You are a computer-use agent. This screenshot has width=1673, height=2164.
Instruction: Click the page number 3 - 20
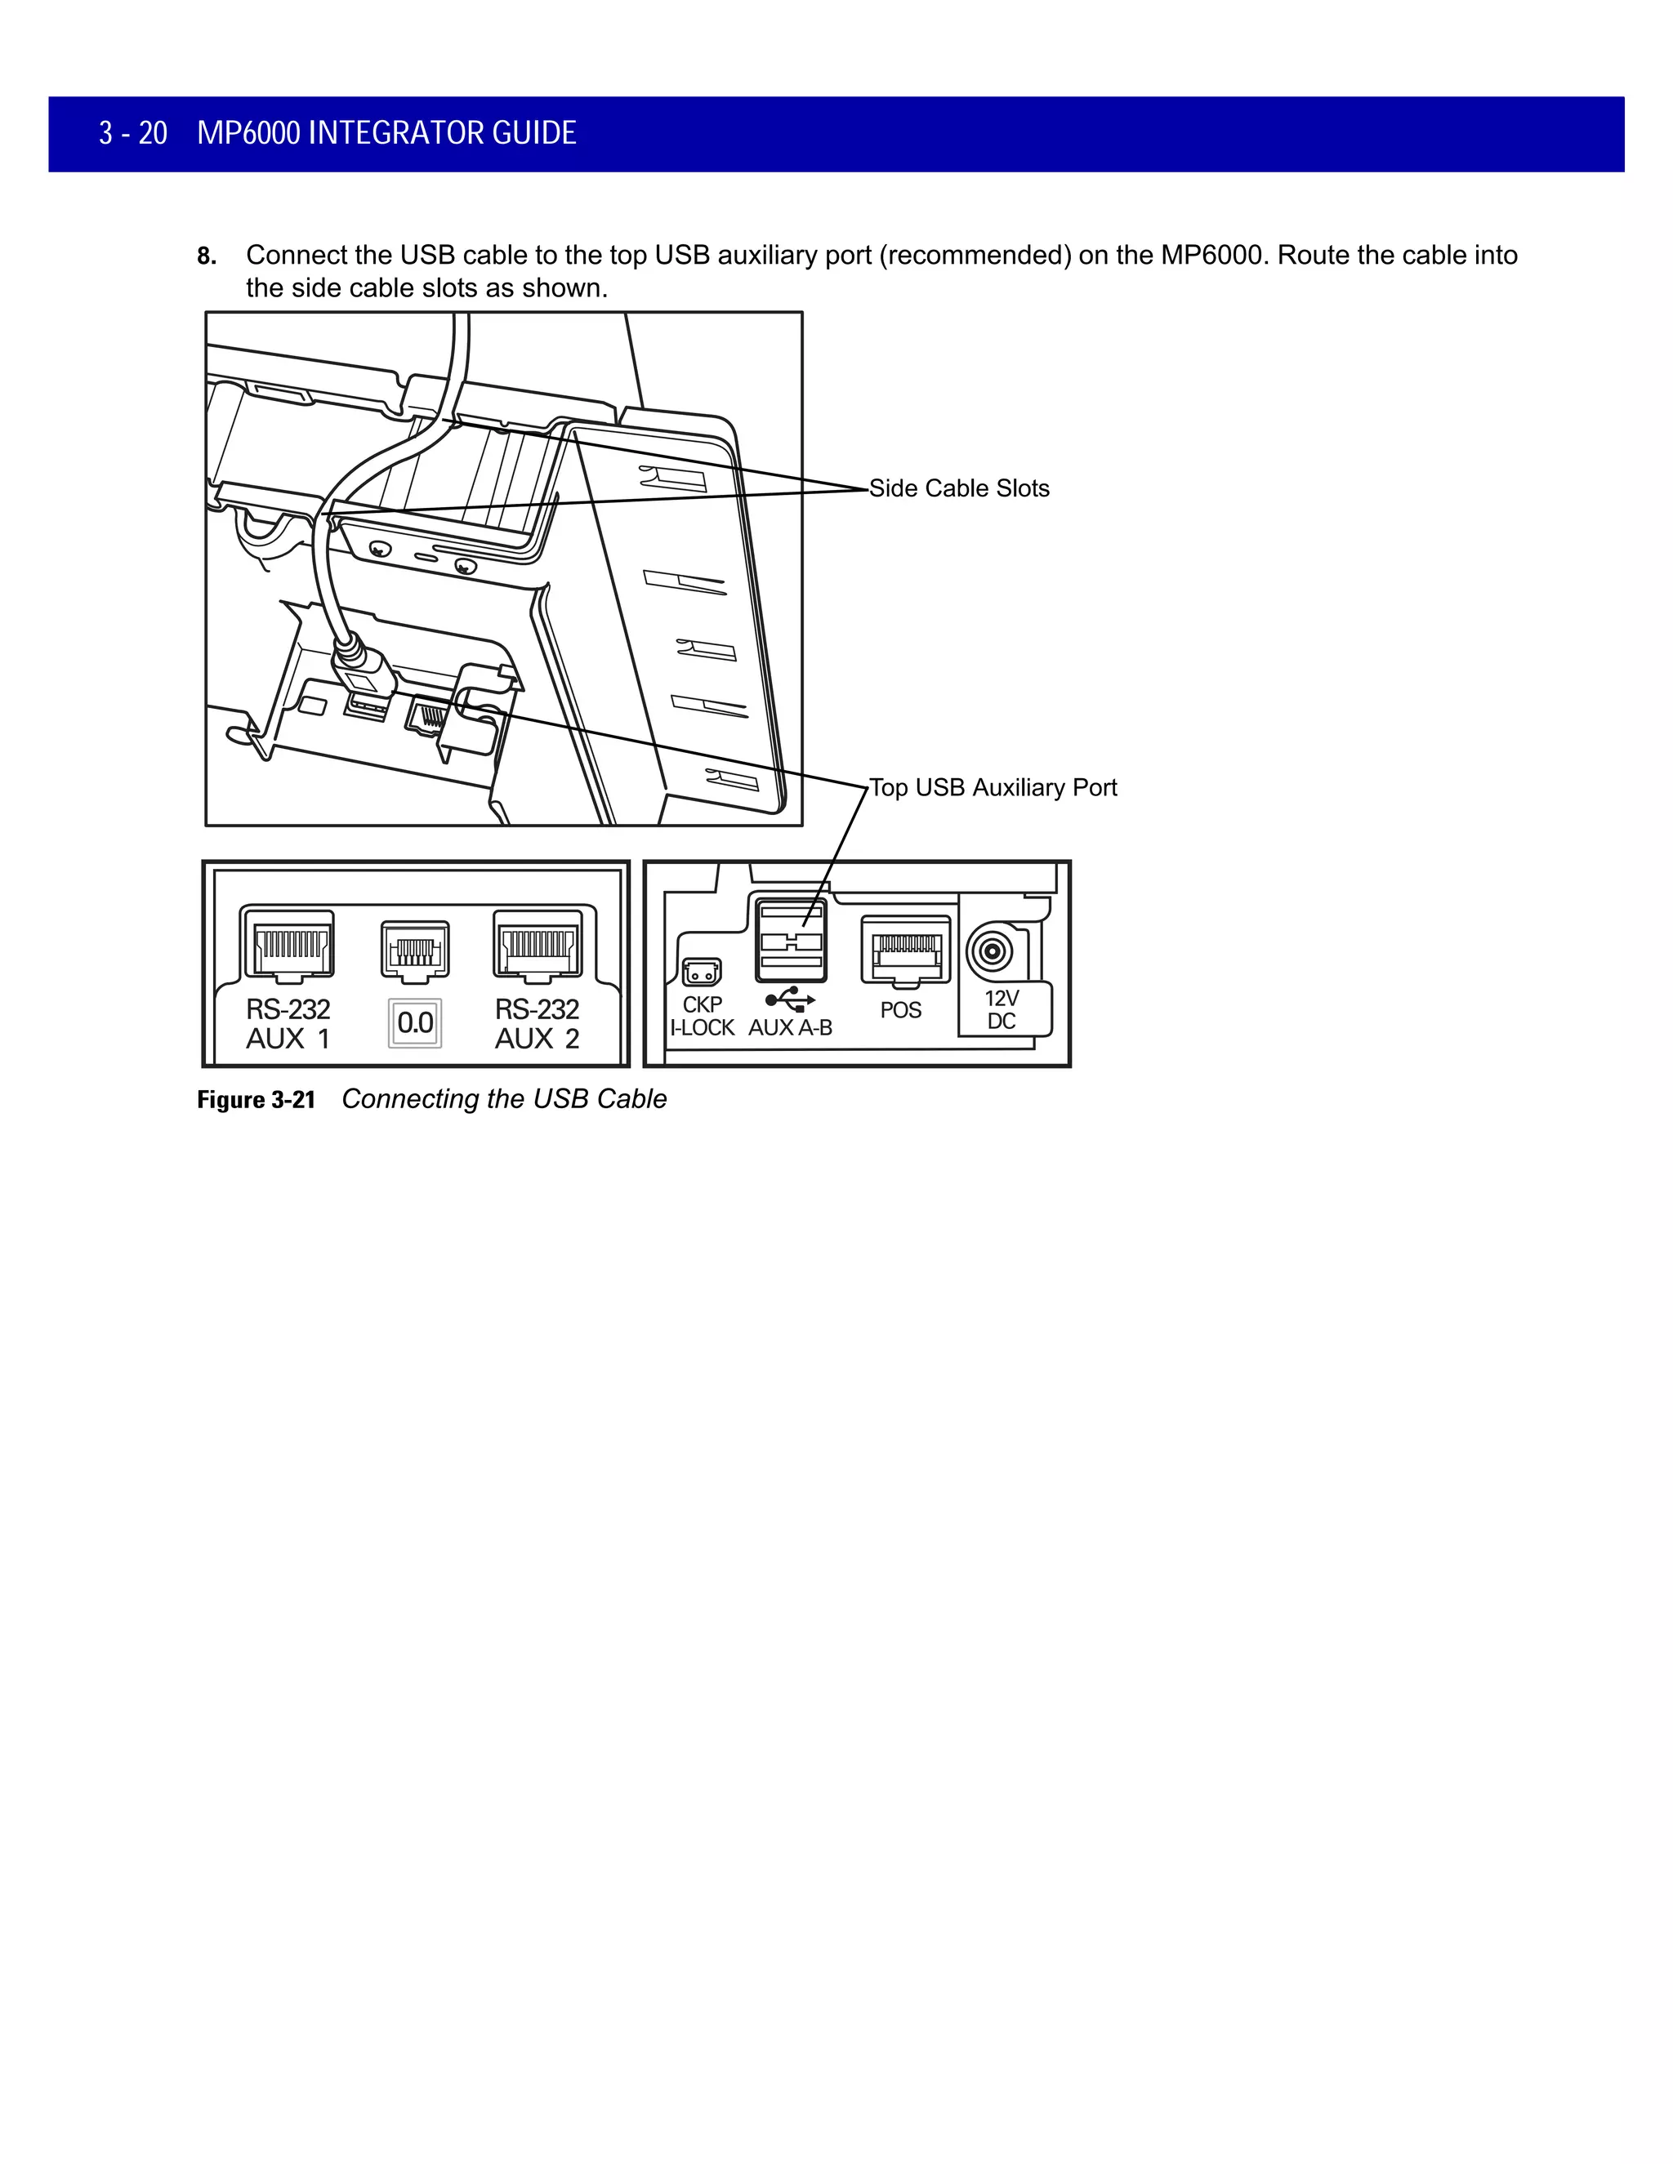click(x=133, y=133)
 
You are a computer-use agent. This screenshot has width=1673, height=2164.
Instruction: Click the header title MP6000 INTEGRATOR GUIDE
click(x=386, y=133)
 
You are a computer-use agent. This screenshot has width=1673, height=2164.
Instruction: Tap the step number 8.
click(x=206, y=256)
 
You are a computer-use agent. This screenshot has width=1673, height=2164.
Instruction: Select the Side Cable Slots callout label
click(x=958, y=488)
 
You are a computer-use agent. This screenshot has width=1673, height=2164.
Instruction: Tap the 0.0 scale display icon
click(x=415, y=1022)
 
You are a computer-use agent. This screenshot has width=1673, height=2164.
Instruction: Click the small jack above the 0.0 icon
click(x=415, y=949)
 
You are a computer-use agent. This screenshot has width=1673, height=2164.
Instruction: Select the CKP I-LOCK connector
click(x=702, y=972)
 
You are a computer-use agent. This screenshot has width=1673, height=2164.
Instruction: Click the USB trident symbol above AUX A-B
click(x=790, y=999)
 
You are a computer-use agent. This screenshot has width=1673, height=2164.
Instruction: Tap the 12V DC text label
click(x=1001, y=1009)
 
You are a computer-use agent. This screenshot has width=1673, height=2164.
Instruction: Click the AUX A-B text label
click(x=790, y=1028)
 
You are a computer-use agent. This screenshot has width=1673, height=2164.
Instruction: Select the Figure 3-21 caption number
click(x=256, y=1100)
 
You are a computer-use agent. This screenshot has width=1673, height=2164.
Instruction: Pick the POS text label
click(x=901, y=1011)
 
